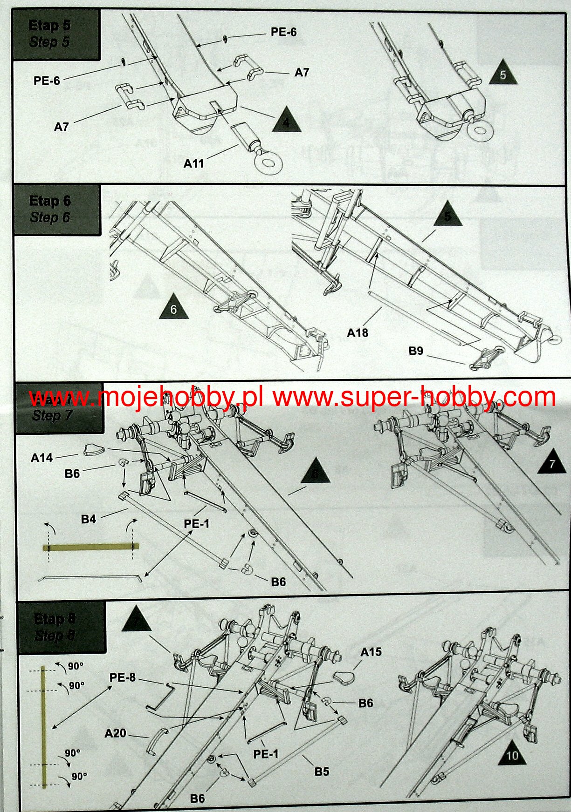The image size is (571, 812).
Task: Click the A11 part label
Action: (x=193, y=163)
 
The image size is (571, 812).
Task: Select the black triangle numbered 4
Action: (x=286, y=121)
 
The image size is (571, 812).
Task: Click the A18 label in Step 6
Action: (x=358, y=332)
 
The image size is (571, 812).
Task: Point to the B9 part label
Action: (x=416, y=351)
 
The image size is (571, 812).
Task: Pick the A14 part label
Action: (x=42, y=458)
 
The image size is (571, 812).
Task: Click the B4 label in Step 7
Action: (x=89, y=519)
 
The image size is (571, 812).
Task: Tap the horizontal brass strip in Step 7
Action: (x=90, y=547)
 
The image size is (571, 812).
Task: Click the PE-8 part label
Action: (x=123, y=677)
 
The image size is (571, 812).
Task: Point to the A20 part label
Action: (x=116, y=733)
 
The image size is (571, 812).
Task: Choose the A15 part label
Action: (x=371, y=652)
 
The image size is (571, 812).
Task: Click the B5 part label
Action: (x=322, y=771)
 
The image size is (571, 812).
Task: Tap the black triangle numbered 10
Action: (x=512, y=755)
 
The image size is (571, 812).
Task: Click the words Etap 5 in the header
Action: (x=49, y=26)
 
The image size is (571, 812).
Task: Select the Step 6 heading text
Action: (x=50, y=217)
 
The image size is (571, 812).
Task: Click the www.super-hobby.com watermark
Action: (x=414, y=397)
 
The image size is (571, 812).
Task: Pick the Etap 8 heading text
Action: (x=55, y=619)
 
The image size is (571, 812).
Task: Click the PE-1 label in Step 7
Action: (x=197, y=524)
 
